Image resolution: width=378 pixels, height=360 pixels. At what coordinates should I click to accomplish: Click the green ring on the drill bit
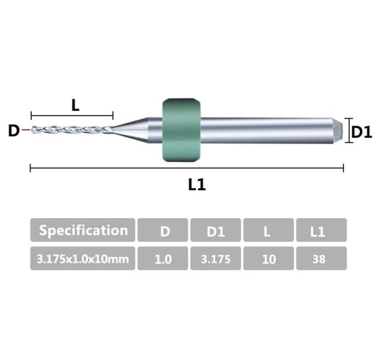pos(182,130)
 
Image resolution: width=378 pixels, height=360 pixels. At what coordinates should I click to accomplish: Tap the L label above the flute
pos(75,105)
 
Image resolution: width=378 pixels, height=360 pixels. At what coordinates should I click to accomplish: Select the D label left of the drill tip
pos(13,131)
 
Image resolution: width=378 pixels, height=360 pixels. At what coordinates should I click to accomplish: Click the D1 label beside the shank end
pos(362,132)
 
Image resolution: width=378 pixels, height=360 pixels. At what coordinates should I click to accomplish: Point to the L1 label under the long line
pos(196,185)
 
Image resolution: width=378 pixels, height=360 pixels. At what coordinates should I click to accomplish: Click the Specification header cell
pos(82,230)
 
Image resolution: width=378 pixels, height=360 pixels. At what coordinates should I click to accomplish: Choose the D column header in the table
pos(162,230)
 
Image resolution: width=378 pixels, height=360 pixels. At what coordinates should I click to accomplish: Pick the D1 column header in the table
pos(216,230)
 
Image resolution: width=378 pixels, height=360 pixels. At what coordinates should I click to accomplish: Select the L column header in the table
pos(269,230)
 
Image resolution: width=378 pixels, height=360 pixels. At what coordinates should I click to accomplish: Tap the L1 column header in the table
pos(321,230)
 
